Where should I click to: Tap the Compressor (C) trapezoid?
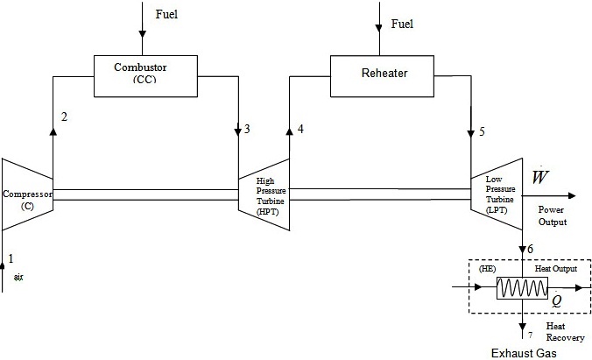point(27,194)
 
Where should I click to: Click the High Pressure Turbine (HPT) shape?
point(264,195)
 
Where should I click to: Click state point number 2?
point(64,117)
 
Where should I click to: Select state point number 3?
point(247,130)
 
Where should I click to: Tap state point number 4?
point(300,130)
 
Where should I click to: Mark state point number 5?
point(481,133)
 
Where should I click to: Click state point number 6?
point(529,250)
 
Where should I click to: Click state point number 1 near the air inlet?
point(11,258)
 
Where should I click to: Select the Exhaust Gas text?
point(523,352)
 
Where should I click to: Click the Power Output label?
point(552,216)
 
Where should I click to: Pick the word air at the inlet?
point(18,276)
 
